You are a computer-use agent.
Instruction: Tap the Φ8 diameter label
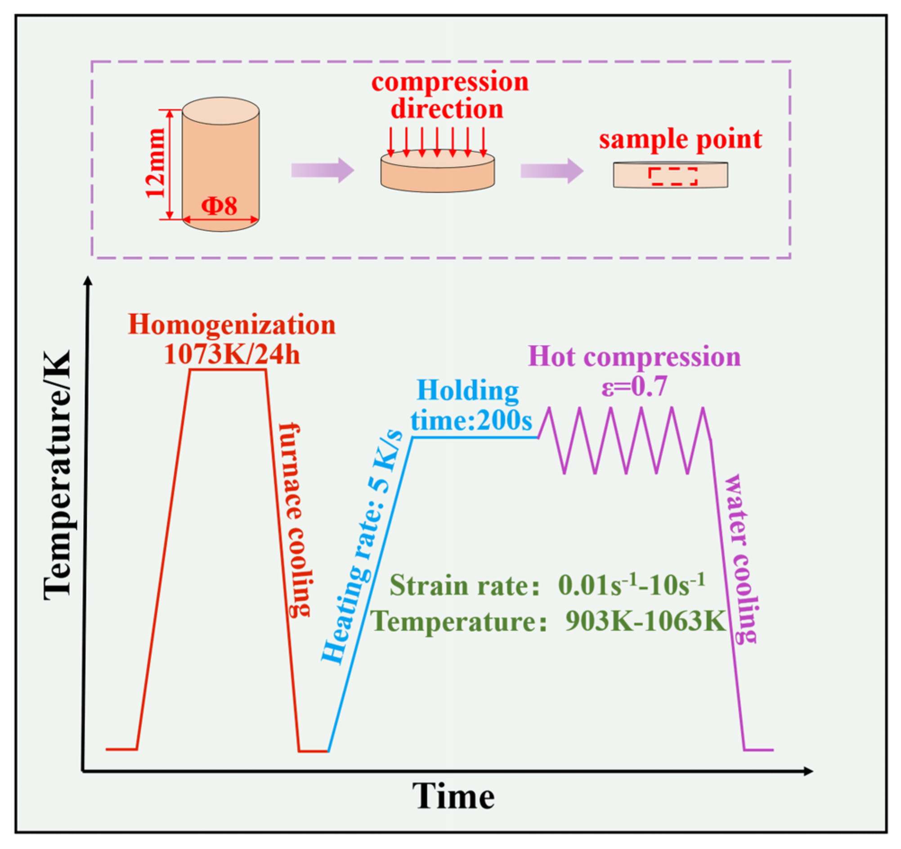click(x=220, y=206)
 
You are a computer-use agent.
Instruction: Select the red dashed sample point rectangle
click(x=672, y=176)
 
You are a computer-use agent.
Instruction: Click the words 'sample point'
click(x=680, y=139)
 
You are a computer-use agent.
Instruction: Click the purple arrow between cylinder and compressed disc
click(x=322, y=170)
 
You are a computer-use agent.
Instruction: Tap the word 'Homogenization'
click(x=232, y=325)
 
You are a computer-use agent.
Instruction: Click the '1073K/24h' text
click(x=232, y=354)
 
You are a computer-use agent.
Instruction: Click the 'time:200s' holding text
click(x=471, y=420)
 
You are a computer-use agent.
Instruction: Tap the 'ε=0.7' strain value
click(x=634, y=386)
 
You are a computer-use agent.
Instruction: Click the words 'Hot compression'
click(x=634, y=357)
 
